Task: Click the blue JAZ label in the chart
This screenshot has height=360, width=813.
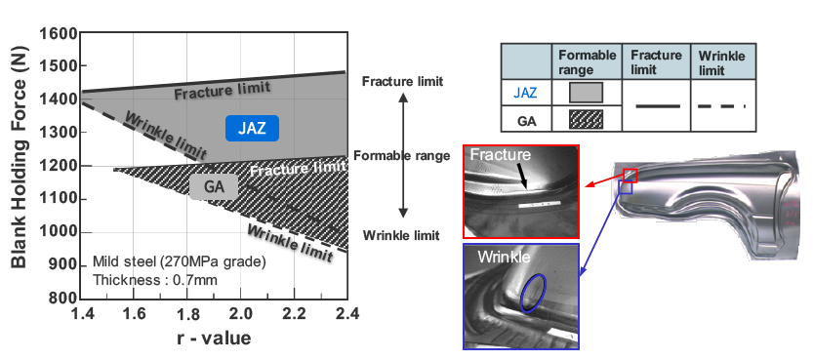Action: (x=252, y=129)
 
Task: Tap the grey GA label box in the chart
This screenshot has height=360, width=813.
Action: (x=214, y=187)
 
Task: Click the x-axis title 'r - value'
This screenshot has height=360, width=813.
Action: (x=214, y=339)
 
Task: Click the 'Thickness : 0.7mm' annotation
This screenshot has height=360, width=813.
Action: (x=155, y=280)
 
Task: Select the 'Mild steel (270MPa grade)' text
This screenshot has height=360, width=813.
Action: (x=179, y=261)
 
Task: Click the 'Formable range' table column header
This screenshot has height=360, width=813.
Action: (x=588, y=61)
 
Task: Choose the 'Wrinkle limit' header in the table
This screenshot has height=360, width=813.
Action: (x=722, y=62)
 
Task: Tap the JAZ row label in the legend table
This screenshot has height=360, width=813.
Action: (x=526, y=94)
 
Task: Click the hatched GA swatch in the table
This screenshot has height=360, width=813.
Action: (x=586, y=119)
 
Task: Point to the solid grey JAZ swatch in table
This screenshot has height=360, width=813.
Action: (x=586, y=93)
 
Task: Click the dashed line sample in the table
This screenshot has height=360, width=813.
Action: (x=721, y=106)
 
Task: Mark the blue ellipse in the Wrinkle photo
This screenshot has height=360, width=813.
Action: (x=534, y=294)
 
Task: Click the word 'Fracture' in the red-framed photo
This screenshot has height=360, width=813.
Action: (x=501, y=154)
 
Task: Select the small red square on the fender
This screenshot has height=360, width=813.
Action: (x=630, y=175)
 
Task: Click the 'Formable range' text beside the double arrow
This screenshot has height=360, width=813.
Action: (x=402, y=155)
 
